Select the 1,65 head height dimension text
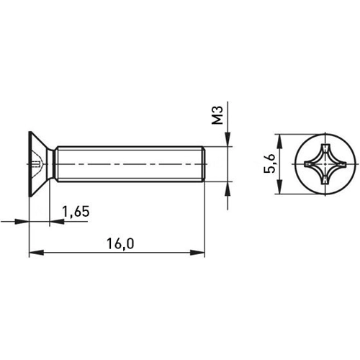click(76, 212)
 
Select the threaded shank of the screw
click(130, 163)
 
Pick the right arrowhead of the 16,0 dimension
click(200, 253)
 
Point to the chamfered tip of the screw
click(204, 163)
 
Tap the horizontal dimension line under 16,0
click(86, 253)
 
